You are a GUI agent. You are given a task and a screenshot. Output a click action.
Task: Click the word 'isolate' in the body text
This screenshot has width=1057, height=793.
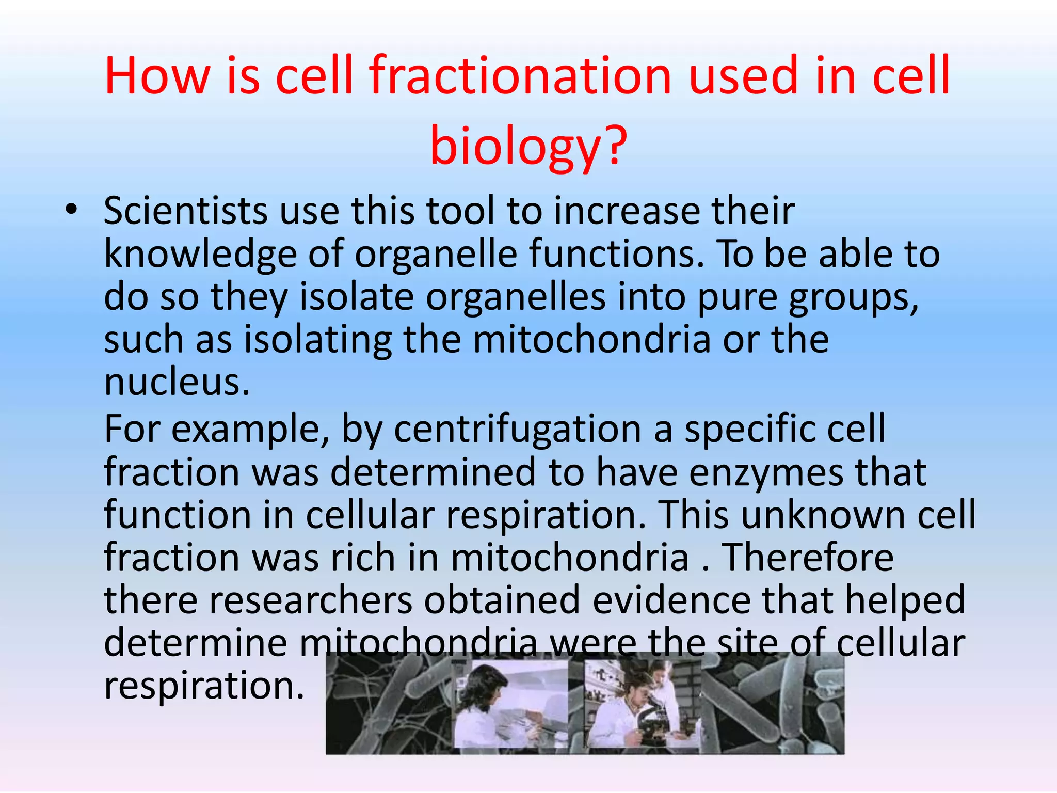click(x=356, y=297)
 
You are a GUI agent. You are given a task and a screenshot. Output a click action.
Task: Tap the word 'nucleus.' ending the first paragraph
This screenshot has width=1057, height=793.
click(x=177, y=383)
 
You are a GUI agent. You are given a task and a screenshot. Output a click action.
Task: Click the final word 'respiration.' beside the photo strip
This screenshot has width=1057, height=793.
click(x=204, y=686)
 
